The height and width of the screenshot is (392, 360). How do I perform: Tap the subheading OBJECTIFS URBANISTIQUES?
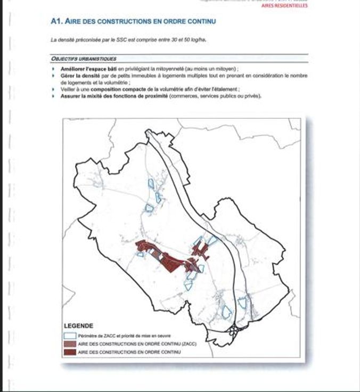click(84, 59)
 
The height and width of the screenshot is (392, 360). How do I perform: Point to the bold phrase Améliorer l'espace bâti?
click(89, 69)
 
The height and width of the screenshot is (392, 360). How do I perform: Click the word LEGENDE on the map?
click(78, 326)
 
